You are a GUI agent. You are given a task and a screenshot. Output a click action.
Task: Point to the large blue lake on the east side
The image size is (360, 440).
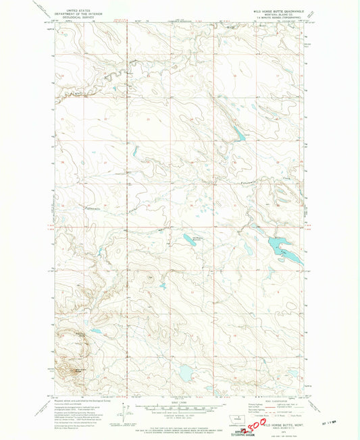pyautogui.click(x=279, y=244)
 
